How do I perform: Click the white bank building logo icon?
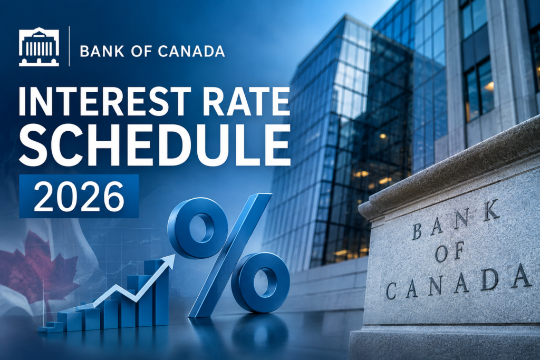(39, 46)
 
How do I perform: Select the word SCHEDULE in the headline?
(155, 145)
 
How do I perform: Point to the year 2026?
(79, 196)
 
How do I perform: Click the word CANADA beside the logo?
(191, 51)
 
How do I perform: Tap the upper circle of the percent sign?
(197, 228)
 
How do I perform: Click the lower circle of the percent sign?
(261, 283)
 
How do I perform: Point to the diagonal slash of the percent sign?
(230, 255)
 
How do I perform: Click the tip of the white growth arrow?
(174, 255)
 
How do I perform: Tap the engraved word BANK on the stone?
(455, 220)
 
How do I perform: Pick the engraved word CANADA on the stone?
(458, 281)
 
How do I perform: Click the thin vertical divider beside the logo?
(69, 46)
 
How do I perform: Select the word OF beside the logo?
(141, 51)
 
